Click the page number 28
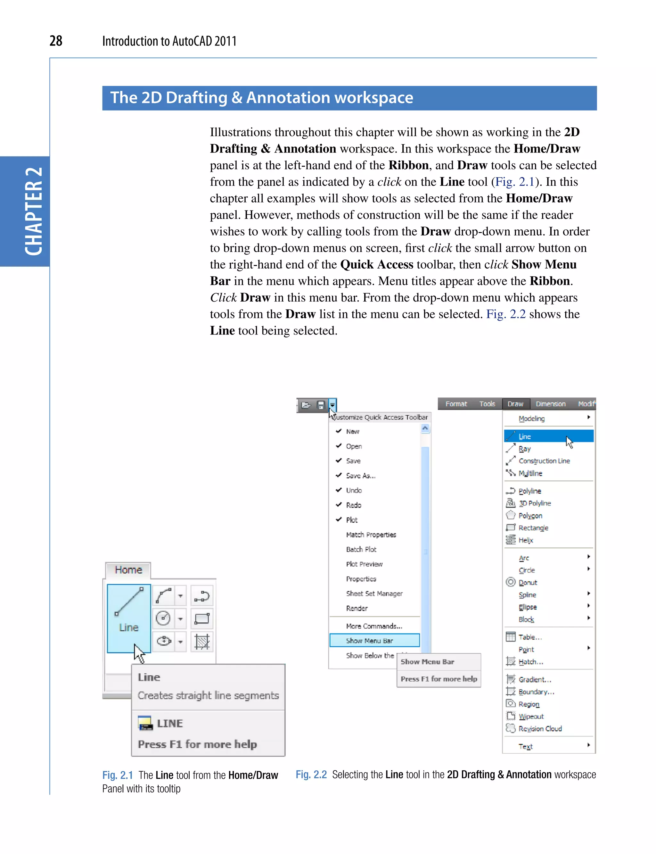pos(56,41)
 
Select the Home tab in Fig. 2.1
pos(128,570)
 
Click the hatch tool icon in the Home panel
pos(202,642)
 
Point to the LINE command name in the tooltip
pos(169,724)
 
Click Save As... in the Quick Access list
pos(360,476)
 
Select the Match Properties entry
pos(371,535)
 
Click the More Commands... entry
pos(374,626)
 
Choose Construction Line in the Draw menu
pos(544,461)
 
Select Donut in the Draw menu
pos(528,583)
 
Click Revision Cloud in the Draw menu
pos(540,729)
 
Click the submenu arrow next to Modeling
pos(588,418)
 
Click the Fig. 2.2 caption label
pos(311,775)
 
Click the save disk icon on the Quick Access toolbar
pos(321,405)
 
